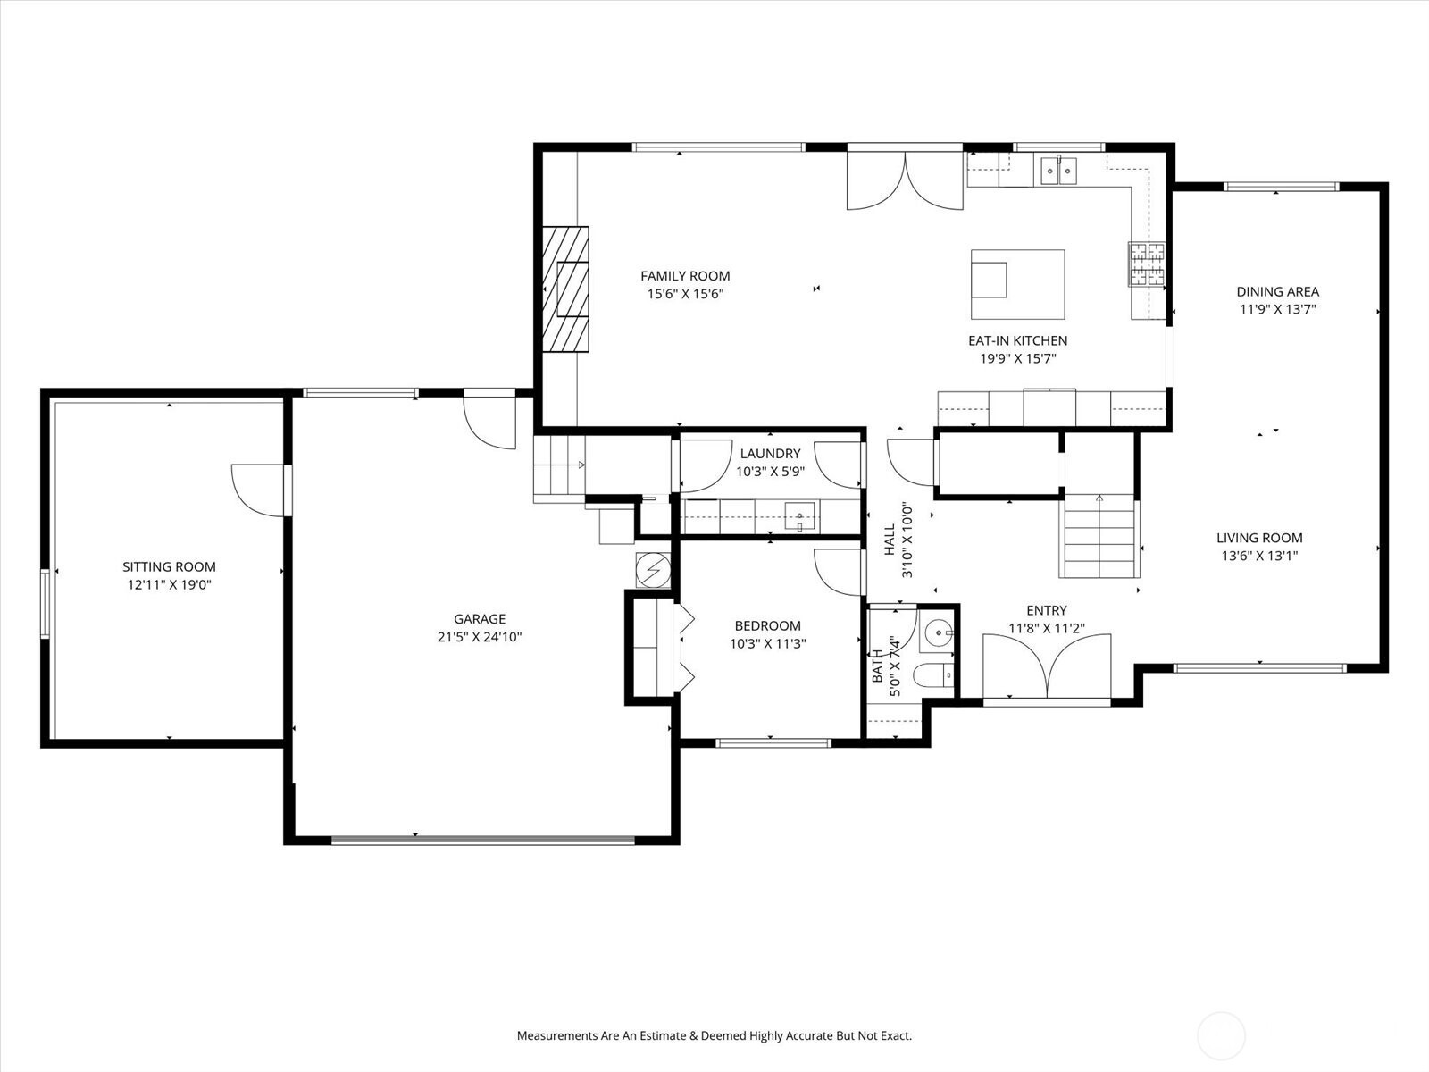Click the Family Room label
685,276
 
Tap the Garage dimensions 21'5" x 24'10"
480,637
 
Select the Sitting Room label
170,567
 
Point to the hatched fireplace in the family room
565,289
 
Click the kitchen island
1017,284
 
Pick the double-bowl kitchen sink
1058,171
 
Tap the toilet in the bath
933,675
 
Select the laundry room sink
799,517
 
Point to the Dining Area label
1277,291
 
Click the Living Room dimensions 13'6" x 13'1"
1259,555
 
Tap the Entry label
1047,610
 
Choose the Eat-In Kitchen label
1017,340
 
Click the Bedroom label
767,626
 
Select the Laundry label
770,454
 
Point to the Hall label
890,540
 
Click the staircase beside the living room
1099,536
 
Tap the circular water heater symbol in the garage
653,570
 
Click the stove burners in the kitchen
1147,264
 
